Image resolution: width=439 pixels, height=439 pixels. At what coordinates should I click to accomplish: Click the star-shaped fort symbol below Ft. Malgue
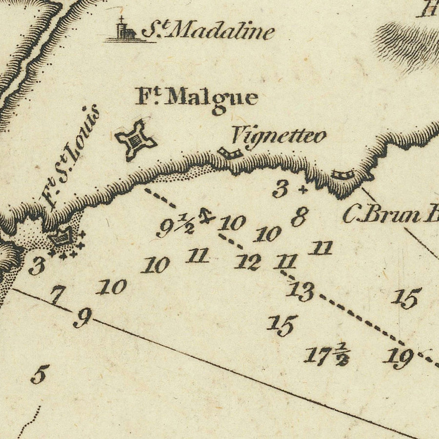pyautogui.click(x=135, y=140)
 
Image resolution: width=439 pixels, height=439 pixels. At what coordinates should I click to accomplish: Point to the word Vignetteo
pyautogui.click(x=278, y=135)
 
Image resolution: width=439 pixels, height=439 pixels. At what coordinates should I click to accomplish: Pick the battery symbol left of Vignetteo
pyautogui.click(x=230, y=153)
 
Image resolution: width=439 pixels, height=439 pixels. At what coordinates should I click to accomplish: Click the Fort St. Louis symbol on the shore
pyautogui.click(x=62, y=239)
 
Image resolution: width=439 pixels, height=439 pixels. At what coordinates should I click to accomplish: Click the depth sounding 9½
pyautogui.click(x=175, y=226)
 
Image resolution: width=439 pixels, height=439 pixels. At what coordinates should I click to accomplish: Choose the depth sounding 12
pyautogui.click(x=247, y=262)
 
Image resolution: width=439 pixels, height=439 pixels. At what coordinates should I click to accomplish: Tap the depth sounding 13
pyautogui.click(x=299, y=291)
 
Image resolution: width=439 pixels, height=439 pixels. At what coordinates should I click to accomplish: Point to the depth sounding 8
pyautogui.click(x=299, y=216)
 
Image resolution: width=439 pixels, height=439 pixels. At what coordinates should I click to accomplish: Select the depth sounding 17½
pyautogui.click(x=326, y=355)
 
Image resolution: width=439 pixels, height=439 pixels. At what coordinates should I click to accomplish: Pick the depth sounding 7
pyautogui.click(x=58, y=295)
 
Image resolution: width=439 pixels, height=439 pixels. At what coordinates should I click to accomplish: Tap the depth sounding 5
pyautogui.click(x=40, y=375)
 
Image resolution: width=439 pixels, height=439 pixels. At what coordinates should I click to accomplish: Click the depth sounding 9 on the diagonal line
pyautogui.click(x=82, y=319)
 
